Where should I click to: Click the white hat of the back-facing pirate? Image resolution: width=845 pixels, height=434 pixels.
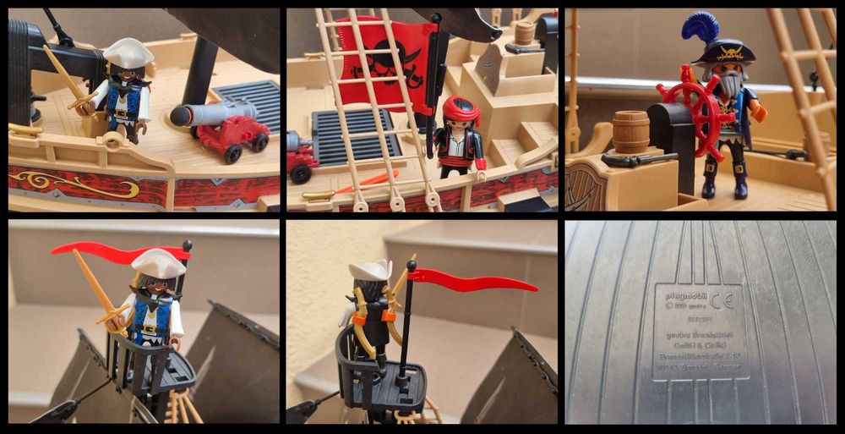tap(370, 270)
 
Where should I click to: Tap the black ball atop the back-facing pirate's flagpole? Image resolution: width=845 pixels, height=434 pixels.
tap(412, 265)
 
